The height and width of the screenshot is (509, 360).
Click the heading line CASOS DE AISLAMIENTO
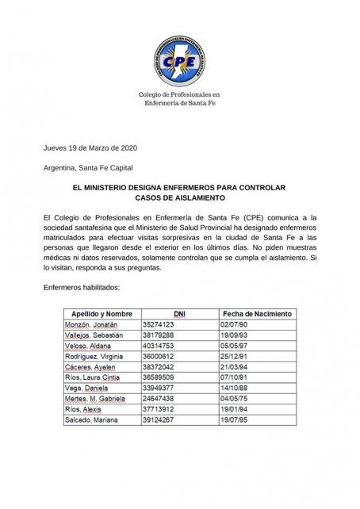coord(179,198)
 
